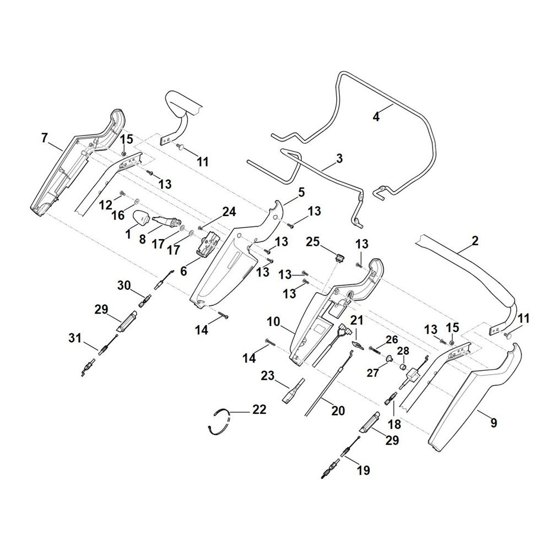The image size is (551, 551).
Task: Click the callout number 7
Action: [x=44, y=138]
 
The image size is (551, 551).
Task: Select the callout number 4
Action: [x=376, y=116]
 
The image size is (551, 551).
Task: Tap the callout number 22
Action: [x=260, y=410]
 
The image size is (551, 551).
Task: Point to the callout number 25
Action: [x=312, y=242]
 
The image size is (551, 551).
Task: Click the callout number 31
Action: [x=75, y=338]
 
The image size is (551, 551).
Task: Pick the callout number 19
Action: [x=363, y=470]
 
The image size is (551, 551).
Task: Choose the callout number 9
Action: [x=494, y=423]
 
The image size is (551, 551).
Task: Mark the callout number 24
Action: [x=229, y=212]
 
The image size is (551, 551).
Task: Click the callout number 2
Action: [x=475, y=241]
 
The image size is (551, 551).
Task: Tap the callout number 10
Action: [x=274, y=321]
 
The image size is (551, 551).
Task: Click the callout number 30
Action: [x=123, y=285]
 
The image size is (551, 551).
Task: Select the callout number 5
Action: [x=301, y=192]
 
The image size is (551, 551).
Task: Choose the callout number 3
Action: [x=339, y=158]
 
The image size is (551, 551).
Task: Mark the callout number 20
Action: [x=338, y=410]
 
